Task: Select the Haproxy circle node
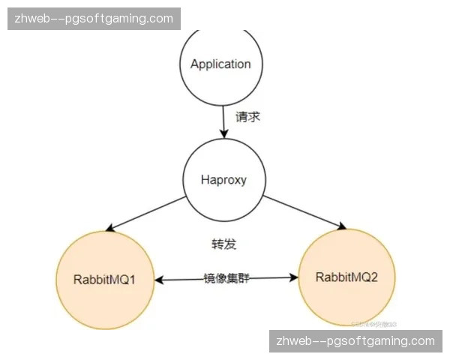[x=223, y=181]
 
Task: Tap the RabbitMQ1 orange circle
[x=104, y=278]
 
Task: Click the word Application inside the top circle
[x=220, y=64]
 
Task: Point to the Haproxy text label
[x=223, y=180]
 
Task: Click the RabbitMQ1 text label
[x=104, y=279]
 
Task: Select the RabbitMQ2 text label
[x=346, y=277]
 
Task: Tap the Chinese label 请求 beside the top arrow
[x=248, y=117]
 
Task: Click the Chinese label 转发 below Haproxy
[x=224, y=244]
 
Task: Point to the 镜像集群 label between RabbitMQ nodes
[x=226, y=278]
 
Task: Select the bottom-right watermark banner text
[x=355, y=341]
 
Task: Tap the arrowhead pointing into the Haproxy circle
[x=223, y=133]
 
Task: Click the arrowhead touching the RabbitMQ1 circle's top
[x=111, y=227]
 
